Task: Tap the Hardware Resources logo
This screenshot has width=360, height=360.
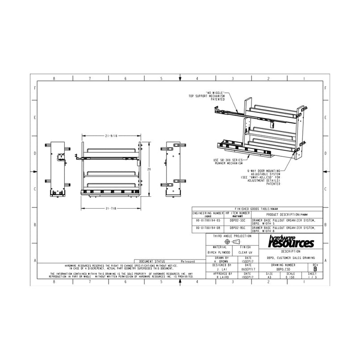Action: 291,243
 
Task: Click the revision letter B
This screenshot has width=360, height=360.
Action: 315,269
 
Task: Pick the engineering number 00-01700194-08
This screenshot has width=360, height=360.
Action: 209,228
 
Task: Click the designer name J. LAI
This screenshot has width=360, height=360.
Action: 219,269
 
